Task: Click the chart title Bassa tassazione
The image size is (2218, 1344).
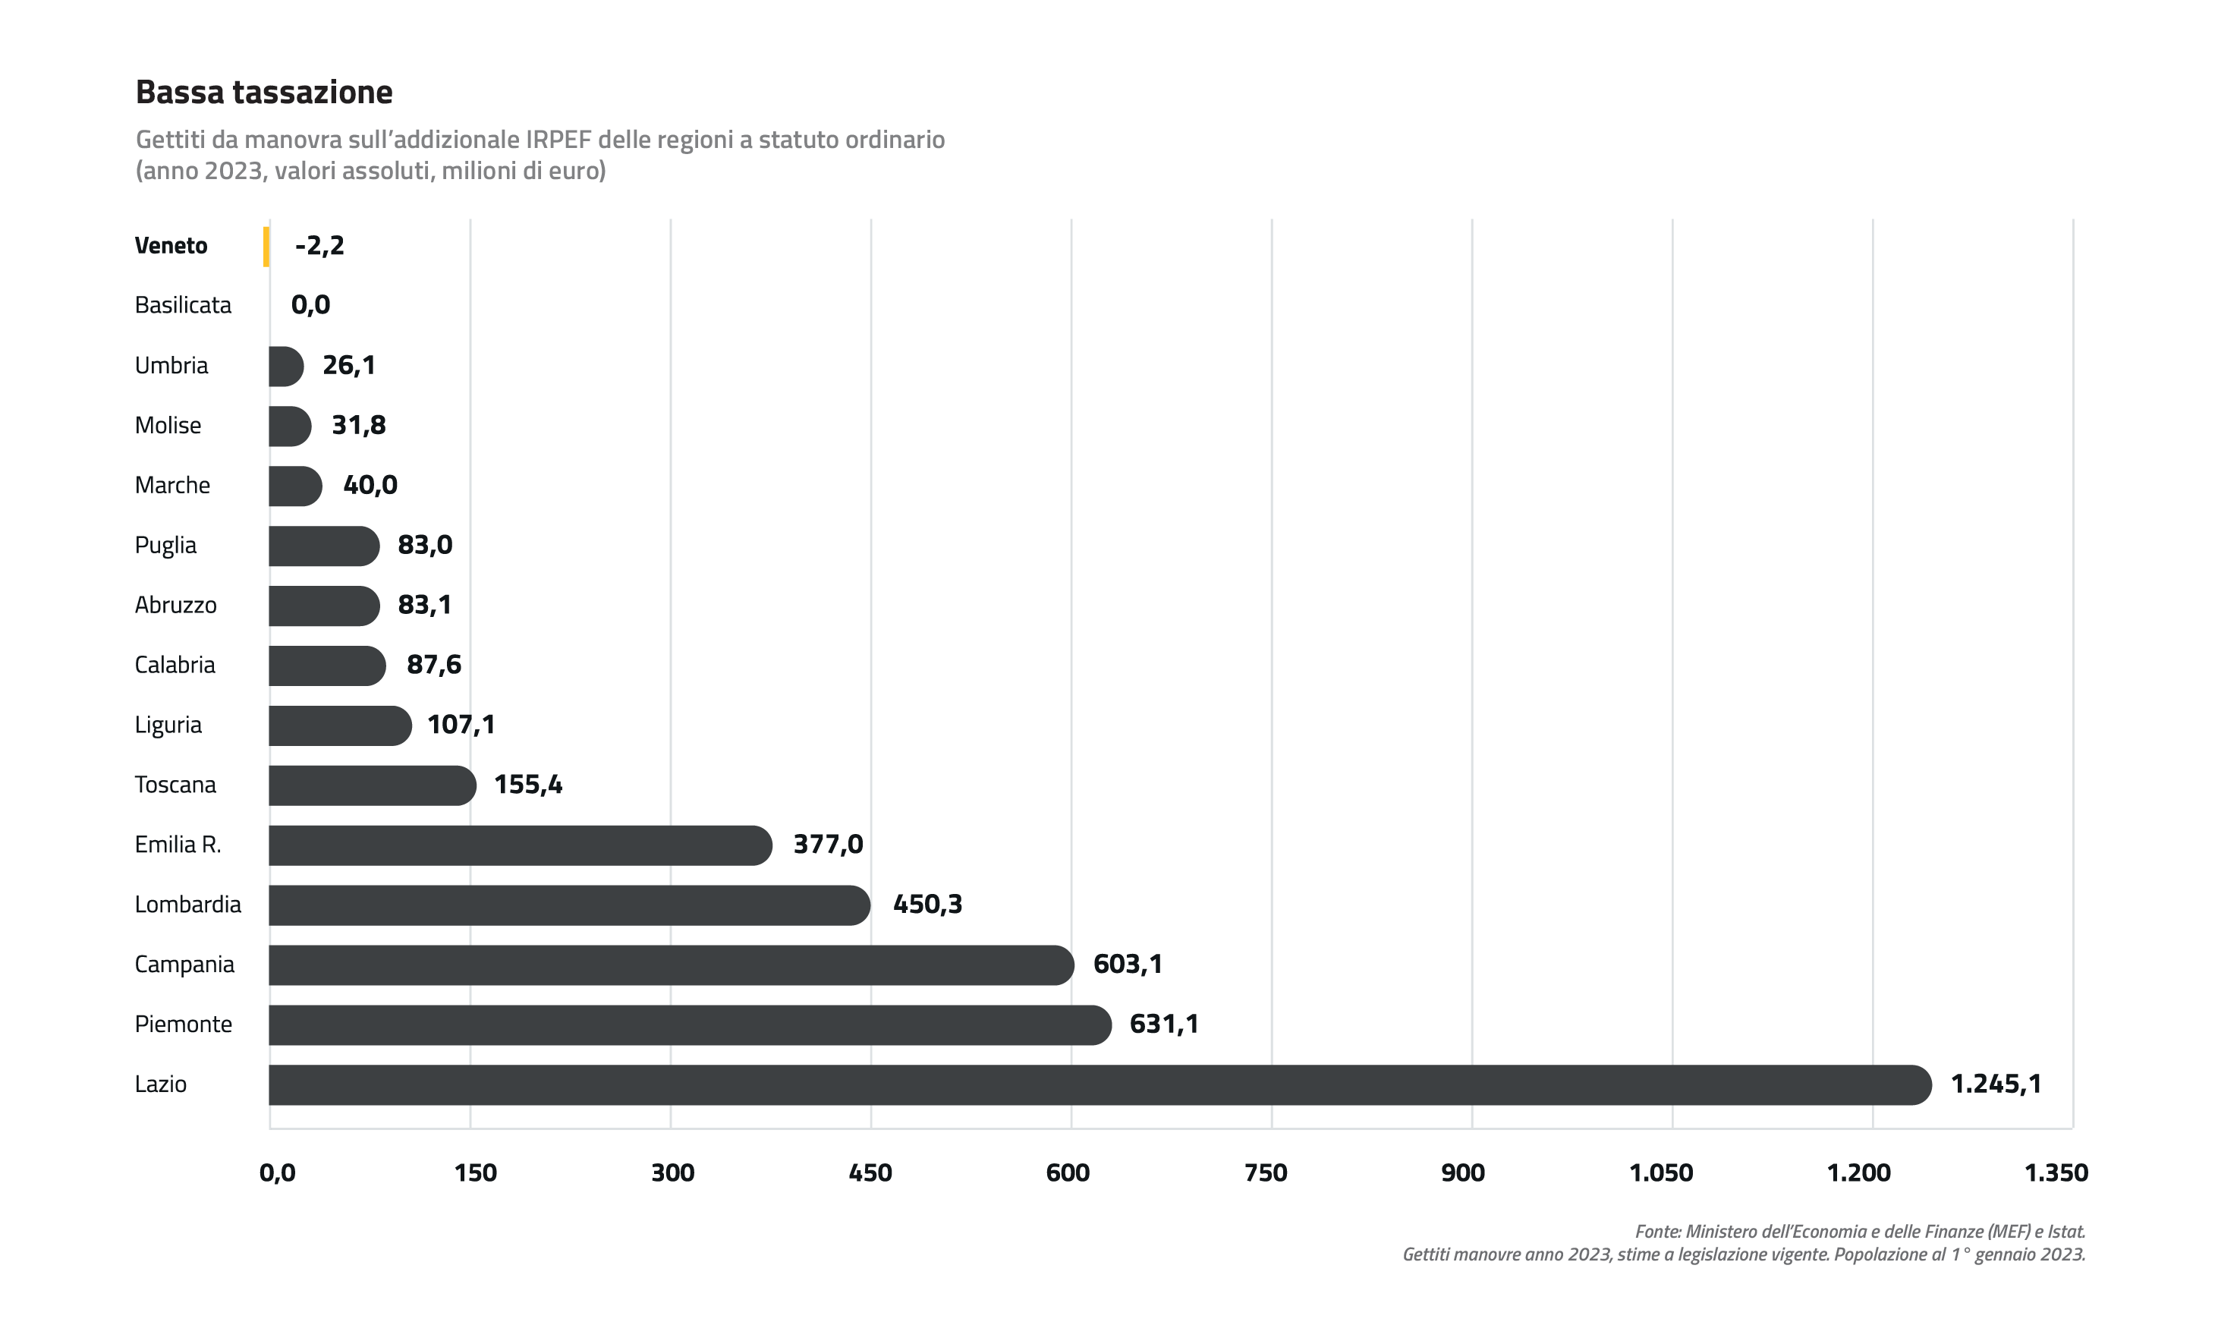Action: pos(264,92)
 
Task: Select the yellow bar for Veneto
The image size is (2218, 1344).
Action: pos(266,247)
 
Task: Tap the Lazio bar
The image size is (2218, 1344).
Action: pos(1100,1084)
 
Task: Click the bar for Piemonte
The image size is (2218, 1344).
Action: pos(691,1025)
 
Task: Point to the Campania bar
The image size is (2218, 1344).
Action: pos(672,965)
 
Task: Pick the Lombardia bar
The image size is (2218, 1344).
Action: pos(570,905)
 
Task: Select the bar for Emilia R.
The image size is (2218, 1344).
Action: pos(521,845)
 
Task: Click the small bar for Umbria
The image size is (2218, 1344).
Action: pos(286,367)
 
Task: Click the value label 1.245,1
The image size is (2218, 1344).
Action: pos(1996,1084)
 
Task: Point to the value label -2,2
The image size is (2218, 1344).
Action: pos(319,245)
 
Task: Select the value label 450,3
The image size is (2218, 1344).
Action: pos(927,904)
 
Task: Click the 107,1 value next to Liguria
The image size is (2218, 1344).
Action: pos(461,725)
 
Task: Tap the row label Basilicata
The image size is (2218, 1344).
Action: pos(183,305)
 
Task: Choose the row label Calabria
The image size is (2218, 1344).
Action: pos(175,666)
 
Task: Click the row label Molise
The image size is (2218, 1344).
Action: pos(168,425)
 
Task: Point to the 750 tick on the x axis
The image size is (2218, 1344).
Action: pos(1266,1173)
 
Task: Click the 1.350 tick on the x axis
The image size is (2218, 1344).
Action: pos(2056,1173)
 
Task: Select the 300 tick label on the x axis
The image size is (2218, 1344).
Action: pos(672,1173)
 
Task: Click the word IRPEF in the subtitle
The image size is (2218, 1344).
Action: pos(559,140)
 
